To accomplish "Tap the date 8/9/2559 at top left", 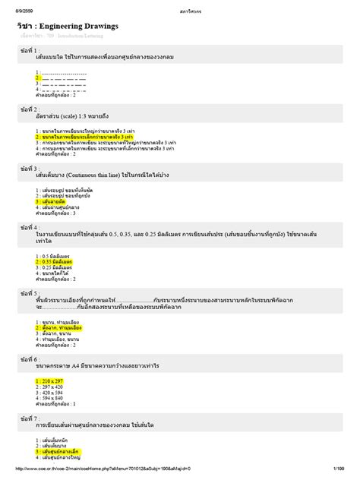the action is click(x=17, y=5).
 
